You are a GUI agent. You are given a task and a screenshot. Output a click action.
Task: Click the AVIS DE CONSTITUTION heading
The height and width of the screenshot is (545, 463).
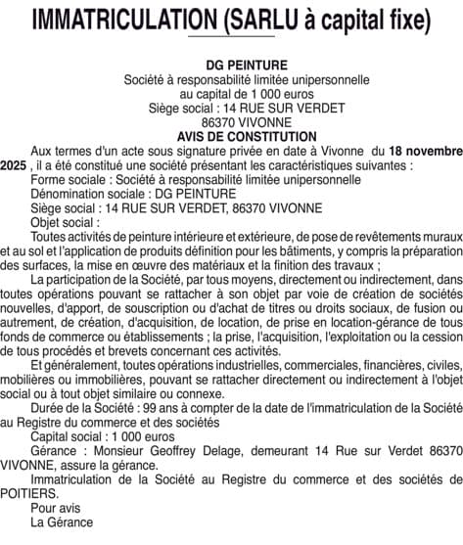232,137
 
